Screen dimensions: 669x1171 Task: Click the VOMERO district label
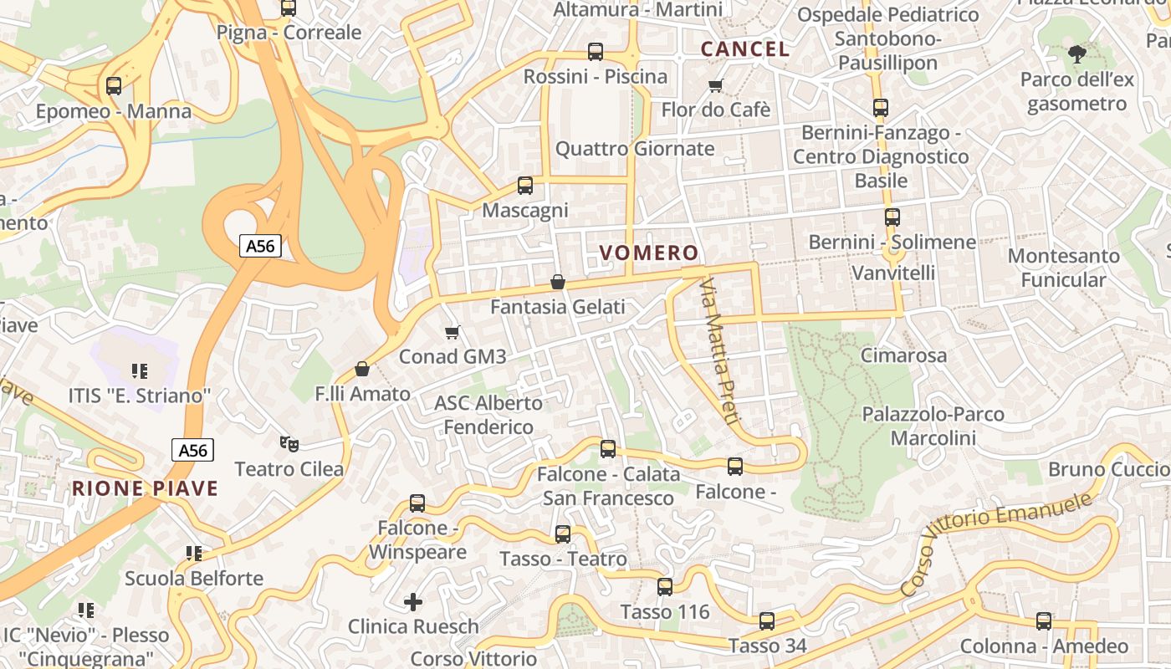pos(649,253)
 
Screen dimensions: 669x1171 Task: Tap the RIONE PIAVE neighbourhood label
pos(145,489)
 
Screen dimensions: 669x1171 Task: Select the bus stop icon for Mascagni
pos(525,186)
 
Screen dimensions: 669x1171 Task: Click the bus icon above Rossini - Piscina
pos(596,52)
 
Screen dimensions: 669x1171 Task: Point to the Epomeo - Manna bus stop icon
pos(114,86)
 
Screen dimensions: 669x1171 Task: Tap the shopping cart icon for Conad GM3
pos(453,333)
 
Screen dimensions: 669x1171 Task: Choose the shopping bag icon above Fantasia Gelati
pos(558,283)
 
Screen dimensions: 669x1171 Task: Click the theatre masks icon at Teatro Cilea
pos(289,443)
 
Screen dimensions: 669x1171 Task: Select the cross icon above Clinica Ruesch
pos(413,601)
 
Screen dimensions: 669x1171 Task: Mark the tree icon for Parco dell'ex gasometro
pos(1076,55)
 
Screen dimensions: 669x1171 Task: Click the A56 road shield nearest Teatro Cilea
pos(193,450)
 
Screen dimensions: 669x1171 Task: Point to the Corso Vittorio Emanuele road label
pos(997,544)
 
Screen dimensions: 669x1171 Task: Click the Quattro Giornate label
pos(635,149)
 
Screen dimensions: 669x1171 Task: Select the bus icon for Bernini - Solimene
pos(892,217)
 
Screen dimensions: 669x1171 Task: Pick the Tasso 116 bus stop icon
pos(665,587)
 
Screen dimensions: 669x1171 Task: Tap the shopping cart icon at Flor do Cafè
pos(715,85)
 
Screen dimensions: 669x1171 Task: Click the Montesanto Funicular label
pos(1063,268)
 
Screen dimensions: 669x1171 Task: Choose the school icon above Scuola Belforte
pos(194,553)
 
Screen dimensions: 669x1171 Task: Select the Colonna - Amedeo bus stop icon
pos(1044,621)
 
